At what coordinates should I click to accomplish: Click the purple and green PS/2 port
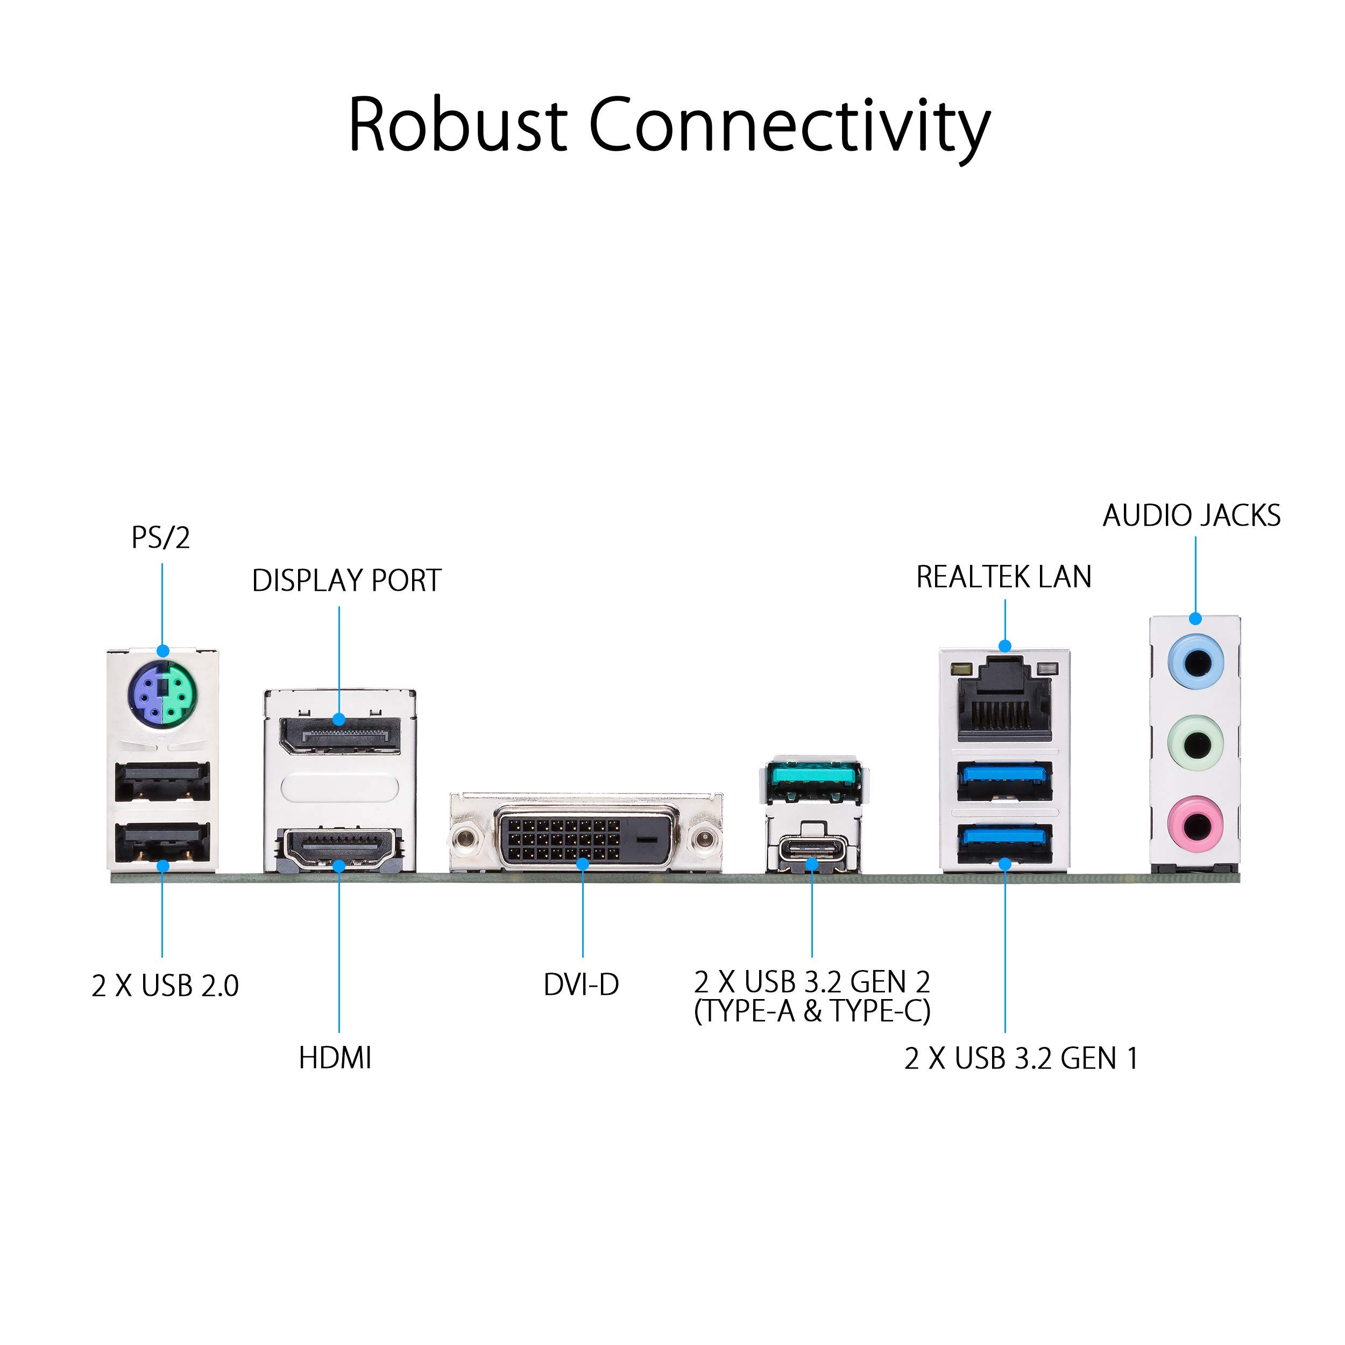164,694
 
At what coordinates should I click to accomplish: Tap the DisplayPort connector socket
341,735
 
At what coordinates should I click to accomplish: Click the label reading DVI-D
581,985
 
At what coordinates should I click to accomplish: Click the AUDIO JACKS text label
1192,516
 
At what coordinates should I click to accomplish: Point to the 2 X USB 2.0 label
165,986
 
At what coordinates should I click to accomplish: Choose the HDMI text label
335,1058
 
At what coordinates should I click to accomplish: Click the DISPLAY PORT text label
346,581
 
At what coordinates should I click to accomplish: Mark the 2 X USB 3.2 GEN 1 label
1021,1059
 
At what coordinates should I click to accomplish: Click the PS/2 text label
161,538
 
